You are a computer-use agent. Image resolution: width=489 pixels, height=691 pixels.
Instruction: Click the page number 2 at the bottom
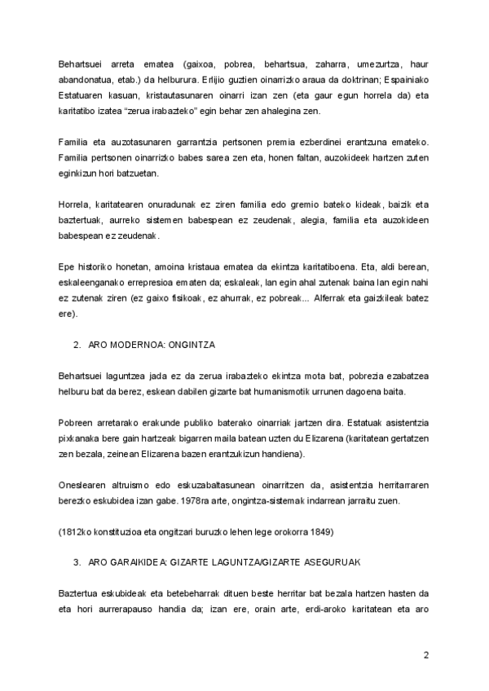(x=425, y=656)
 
